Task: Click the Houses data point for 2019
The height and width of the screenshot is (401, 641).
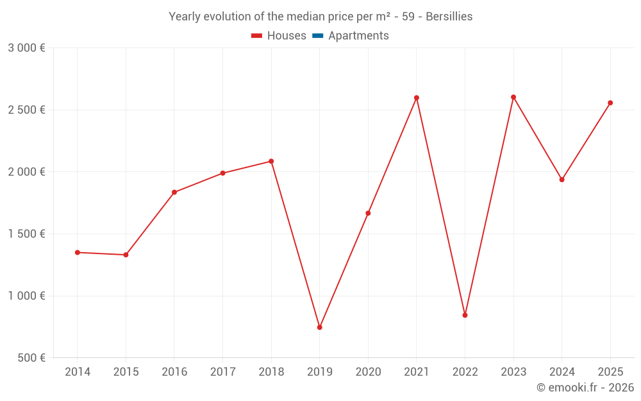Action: (x=319, y=327)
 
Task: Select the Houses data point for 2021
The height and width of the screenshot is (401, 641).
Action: (x=416, y=98)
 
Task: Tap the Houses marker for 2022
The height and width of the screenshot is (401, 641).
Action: (x=465, y=315)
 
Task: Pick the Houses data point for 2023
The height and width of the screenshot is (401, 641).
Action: (x=513, y=97)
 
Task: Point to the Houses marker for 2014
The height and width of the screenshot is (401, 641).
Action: (x=77, y=252)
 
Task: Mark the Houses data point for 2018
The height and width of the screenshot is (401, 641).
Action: (x=271, y=161)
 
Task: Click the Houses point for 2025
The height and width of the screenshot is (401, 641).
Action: (x=610, y=103)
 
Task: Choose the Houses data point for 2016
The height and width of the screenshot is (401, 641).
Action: (x=174, y=192)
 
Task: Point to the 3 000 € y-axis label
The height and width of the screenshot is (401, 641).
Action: (x=26, y=48)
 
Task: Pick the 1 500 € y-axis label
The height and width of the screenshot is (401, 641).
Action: (x=26, y=234)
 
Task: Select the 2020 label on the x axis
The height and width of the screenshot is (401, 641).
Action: (x=368, y=372)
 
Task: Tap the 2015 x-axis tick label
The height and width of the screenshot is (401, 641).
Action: (x=126, y=372)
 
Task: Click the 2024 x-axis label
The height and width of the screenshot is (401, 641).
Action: (x=562, y=372)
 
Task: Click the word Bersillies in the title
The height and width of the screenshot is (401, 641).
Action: (x=449, y=17)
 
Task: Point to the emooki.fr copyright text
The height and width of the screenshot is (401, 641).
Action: (x=585, y=388)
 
